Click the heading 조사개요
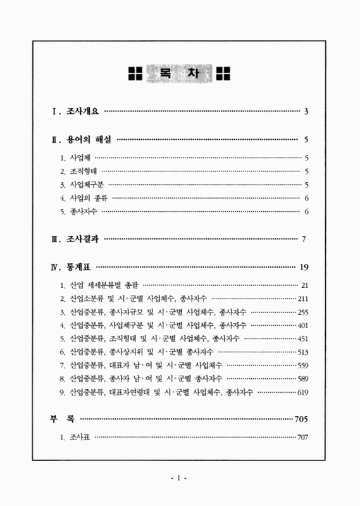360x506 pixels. [x=82, y=112]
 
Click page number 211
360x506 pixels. [x=302, y=298]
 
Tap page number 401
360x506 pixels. [x=302, y=325]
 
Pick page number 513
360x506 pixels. [x=302, y=352]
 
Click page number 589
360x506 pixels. [x=302, y=379]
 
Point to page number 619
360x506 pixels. [x=302, y=393]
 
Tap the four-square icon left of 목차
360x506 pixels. [x=135, y=74]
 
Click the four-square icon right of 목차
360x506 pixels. [x=225, y=74]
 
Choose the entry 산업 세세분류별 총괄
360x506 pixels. [x=105, y=285]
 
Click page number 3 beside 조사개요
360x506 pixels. [x=306, y=112]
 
